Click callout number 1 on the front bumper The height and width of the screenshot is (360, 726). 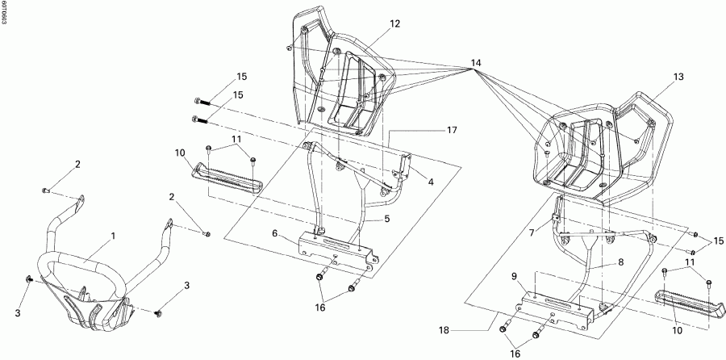[x=113, y=237]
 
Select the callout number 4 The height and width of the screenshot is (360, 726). [x=432, y=182]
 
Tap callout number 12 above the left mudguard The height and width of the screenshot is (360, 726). [x=394, y=24]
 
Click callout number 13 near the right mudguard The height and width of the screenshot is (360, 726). [x=678, y=76]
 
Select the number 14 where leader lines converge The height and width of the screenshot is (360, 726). [x=476, y=63]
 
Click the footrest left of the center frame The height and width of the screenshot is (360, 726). [x=227, y=180]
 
